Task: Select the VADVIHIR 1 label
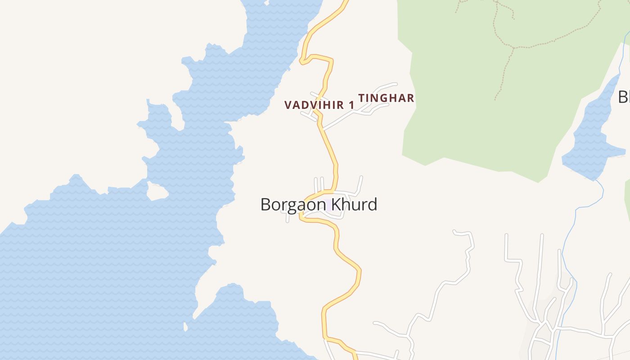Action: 319,105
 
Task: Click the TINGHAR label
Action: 386,98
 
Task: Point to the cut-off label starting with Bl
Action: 624,97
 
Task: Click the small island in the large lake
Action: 157,193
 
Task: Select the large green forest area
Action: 472,112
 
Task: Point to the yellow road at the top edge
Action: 344,4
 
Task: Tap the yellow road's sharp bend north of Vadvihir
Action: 302,61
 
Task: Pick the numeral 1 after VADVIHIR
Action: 352,105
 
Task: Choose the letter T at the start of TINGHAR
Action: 361,98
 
